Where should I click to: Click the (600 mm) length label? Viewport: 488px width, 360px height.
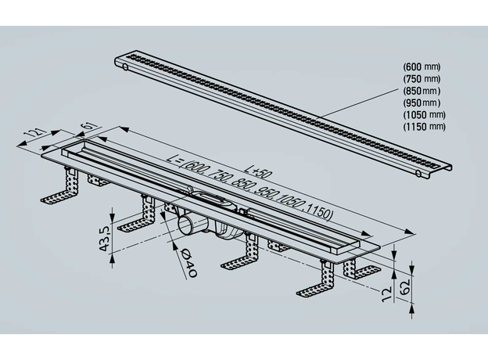(x=423, y=66)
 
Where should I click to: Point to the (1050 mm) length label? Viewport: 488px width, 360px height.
(x=425, y=114)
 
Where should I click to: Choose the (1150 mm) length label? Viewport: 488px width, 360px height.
(x=425, y=126)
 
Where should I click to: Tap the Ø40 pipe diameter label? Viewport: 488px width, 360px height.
(x=185, y=267)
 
